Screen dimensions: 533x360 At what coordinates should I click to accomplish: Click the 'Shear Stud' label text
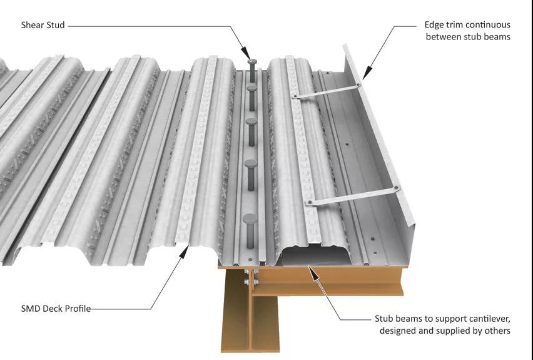point(43,25)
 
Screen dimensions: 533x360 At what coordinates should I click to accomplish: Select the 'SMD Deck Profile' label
point(56,309)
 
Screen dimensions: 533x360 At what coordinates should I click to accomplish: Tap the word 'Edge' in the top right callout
point(434,25)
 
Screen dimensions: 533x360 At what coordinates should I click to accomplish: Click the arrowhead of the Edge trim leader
point(367,73)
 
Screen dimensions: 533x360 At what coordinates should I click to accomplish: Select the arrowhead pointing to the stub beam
point(314,273)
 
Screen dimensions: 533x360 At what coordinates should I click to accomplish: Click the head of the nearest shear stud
point(250,219)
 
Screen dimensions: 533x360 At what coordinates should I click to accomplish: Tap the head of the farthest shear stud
point(252,61)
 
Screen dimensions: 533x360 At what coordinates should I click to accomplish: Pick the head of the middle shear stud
point(251,122)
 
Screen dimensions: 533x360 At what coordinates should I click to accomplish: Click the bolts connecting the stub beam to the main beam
point(251,276)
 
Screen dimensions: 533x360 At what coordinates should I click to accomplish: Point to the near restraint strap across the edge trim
point(353,195)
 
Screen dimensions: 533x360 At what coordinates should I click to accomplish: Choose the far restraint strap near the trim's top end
point(327,91)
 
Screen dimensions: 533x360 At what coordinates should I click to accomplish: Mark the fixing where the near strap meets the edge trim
point(397,188)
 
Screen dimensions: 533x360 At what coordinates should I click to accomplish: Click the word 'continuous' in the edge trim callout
point(489,25)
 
